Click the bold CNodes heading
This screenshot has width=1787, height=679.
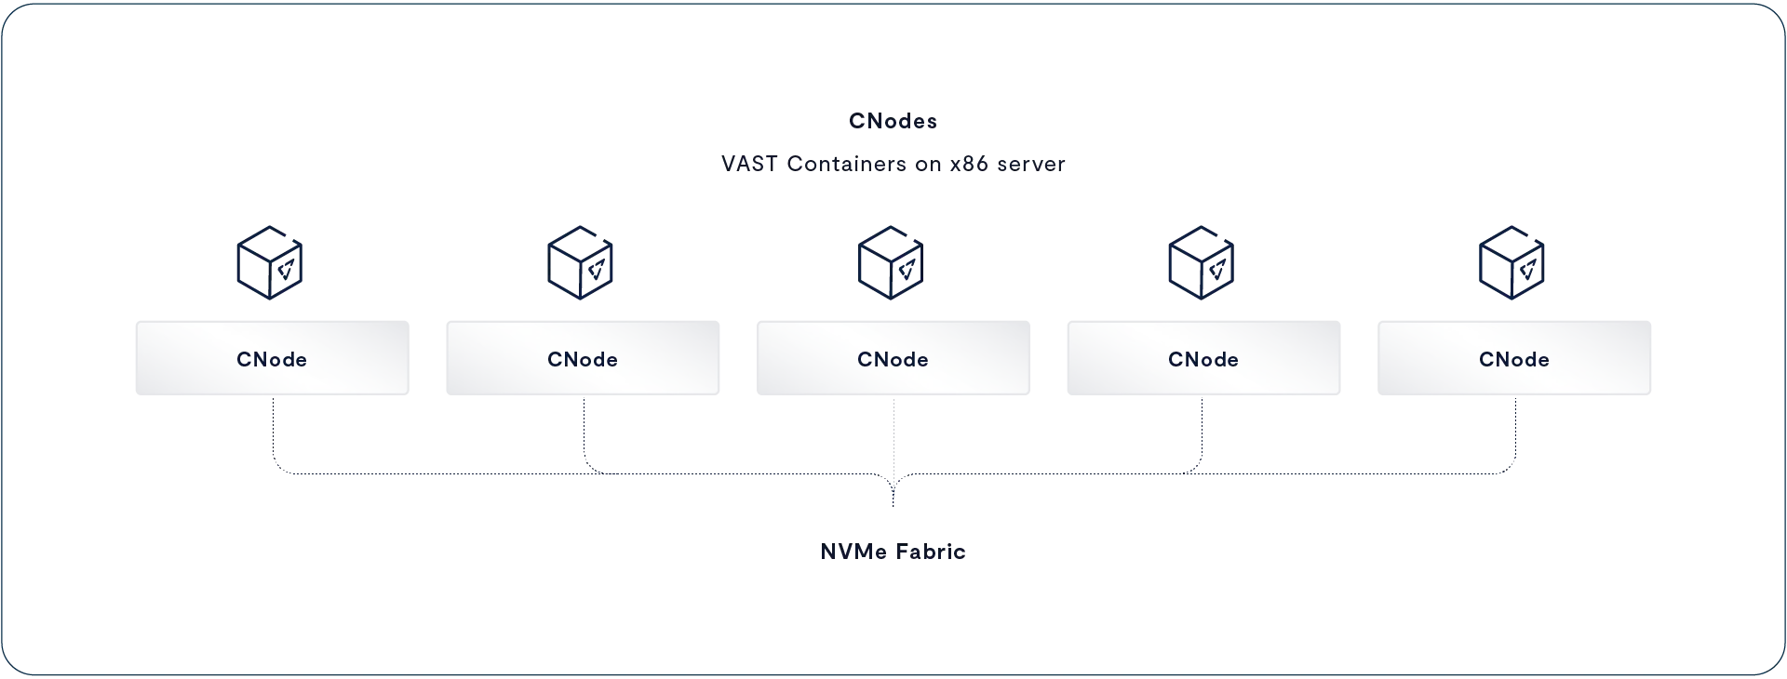coord(893,121)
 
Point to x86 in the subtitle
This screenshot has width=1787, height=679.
coord(968,164)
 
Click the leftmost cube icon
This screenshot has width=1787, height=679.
coord(270,262)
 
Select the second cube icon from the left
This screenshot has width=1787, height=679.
coord(581,262)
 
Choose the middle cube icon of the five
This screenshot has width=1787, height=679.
coord(891,262)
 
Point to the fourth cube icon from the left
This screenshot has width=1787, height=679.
coord(1202,262)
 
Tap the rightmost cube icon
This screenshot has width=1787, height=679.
coord(1512,262)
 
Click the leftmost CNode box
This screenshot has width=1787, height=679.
coord(272,358)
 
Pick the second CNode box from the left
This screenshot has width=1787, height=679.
coord(583,358)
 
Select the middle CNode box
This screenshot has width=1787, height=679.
coord(893,358)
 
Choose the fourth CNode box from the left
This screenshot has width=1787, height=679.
coord(1203,358)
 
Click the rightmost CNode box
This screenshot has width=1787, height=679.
coord(1514,358)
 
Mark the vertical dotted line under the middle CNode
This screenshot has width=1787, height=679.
coord(893,452)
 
